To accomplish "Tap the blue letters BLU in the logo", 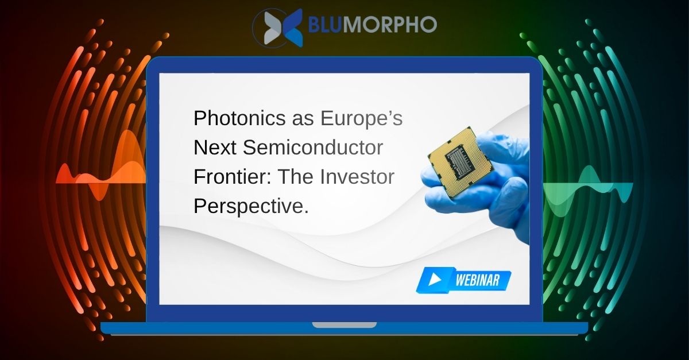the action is [324, 24].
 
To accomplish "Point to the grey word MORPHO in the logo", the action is [389, 24].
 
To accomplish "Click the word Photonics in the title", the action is [239, 118].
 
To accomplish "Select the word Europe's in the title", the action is [361, 118].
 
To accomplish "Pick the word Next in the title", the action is [215, 148].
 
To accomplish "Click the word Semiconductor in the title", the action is [313, 148].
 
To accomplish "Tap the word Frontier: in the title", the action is [233, 177].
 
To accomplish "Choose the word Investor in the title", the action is [357, 177].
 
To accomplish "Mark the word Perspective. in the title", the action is [251, 207].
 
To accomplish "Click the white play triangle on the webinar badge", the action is [435, 280].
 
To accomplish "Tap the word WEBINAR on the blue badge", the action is [477, 280].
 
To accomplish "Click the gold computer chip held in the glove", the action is [460, 162].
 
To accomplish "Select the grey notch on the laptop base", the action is [344, 325].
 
